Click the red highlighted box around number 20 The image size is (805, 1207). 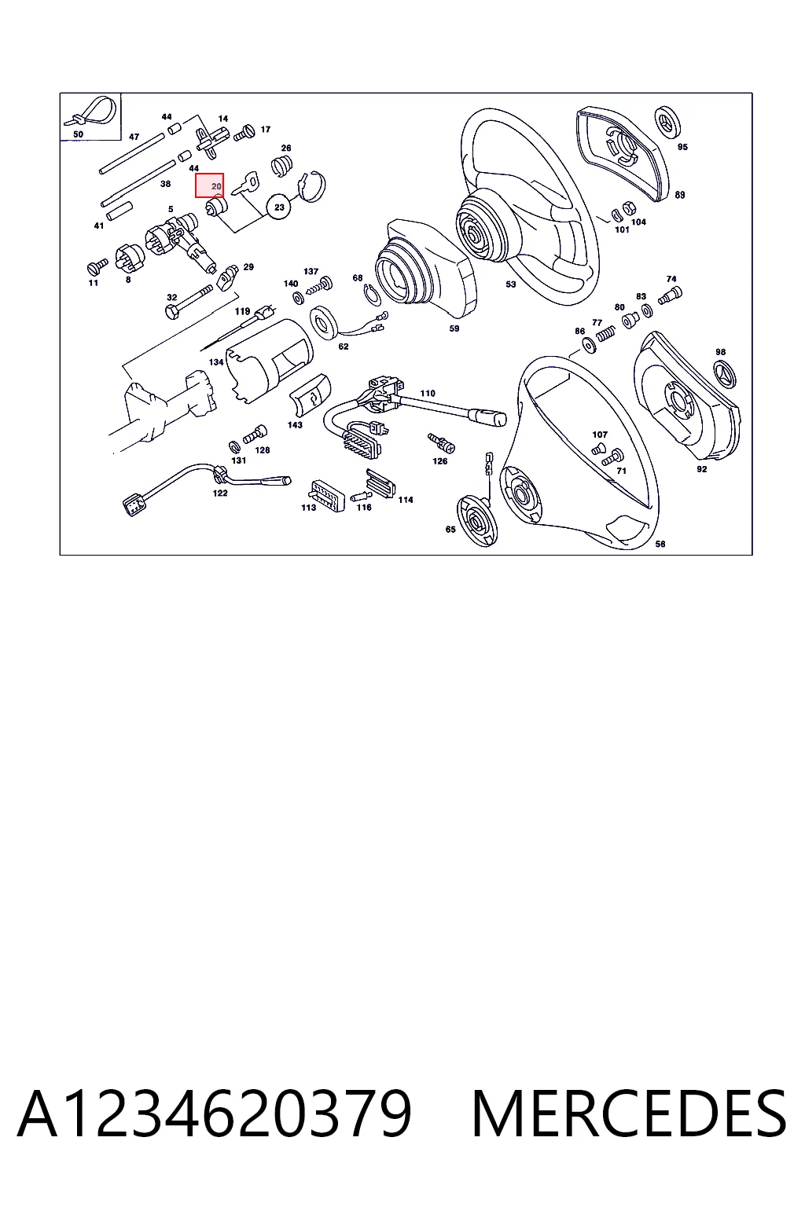209,185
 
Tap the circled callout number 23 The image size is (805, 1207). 279,207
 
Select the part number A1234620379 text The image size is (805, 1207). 215,1113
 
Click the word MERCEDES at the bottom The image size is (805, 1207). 629,1113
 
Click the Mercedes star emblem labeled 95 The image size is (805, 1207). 667,122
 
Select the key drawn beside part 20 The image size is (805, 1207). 245,183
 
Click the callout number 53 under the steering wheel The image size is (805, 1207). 511,284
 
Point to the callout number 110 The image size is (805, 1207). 428,394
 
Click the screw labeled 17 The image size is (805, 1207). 244,133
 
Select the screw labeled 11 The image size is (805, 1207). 97,266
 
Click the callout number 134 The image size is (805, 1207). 216,362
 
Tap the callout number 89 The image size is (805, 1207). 680,195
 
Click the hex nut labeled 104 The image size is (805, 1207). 628,207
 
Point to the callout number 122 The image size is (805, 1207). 220,493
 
